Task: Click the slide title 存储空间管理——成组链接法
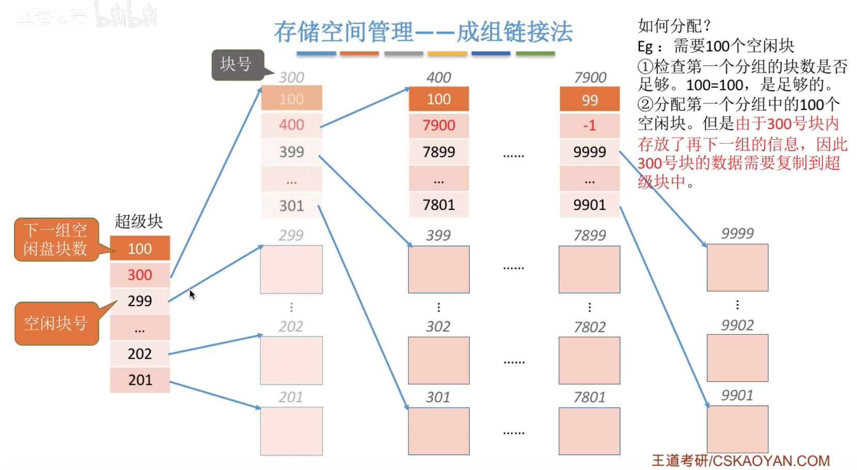point(423,32)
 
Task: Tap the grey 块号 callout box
point(237,64)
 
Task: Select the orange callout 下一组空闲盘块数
point(55,239)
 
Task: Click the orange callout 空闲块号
point(56,323)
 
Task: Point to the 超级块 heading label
point(139,221)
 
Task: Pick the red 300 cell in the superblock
point(140,274)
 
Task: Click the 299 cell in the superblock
point(140,301)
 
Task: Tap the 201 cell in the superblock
point(140,380)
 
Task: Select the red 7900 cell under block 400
point(439,125)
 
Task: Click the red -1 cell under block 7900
point(589,125)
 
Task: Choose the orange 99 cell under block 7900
point(589,100)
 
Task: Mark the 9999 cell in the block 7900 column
point(589,152)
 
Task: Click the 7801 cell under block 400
point(439,205)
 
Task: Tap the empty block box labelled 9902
point(737,358)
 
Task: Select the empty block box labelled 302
point(439,360)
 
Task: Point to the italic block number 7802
point(590,327)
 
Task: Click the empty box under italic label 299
point(291,269)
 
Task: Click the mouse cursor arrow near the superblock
point(192,294)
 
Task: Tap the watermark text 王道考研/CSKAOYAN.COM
point(740,460)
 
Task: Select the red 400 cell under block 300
point(291,125)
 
